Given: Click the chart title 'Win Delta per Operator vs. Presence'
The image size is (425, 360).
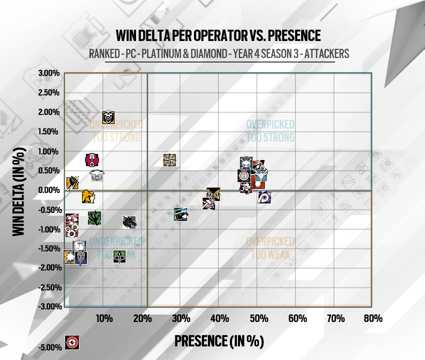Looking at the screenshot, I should [x=217, y=36].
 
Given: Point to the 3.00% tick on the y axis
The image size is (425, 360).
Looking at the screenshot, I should [x=49, y=73].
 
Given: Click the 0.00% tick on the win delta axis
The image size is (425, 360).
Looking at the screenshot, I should [x=49, y=190].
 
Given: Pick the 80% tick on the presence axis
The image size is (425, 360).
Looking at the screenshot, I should [x=373, y=318].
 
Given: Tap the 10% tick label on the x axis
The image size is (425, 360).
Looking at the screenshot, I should [x=103, y=318].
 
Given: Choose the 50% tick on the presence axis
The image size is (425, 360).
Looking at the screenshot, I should [x=258, y=318].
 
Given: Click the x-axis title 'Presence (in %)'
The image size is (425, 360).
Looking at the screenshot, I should [x=218, y=341].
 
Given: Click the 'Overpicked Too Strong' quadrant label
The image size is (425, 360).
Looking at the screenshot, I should [x=270, y=131].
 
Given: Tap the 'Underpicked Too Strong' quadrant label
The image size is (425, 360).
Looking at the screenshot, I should [x=116, y=131].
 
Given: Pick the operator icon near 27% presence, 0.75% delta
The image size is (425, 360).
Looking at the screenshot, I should [x=170, y=160].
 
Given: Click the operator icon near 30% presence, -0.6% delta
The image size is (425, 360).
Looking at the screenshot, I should [x=181, y=214].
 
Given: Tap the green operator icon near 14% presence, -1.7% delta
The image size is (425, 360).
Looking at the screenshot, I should [x=119, y=256].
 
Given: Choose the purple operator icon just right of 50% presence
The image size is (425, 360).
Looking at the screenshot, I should [x=264, y=197].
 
